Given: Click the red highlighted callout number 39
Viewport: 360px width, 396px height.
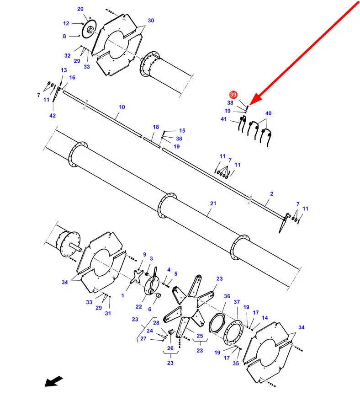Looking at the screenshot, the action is (x=233, y=95).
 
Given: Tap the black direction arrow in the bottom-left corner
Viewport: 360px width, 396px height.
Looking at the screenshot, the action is (x=54, y=381).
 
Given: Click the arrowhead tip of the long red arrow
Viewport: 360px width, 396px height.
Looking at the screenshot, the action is (x=250, y=105).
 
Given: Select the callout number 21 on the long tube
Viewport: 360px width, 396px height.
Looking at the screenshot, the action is (x=213, y=203).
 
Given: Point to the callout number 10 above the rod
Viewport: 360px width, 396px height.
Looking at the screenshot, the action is (x=122, y=107).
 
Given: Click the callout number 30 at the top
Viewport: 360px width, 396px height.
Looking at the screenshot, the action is (x=151, y=21).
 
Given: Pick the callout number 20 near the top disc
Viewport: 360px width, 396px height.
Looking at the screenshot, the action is (x=80, y=9).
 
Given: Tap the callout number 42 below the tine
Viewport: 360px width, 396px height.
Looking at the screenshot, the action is (x=53, y=115).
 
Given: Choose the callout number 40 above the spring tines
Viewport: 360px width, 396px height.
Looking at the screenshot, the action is (x=269, y=113).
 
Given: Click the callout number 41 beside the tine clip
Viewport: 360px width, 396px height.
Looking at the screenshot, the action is (x=224, y=119).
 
